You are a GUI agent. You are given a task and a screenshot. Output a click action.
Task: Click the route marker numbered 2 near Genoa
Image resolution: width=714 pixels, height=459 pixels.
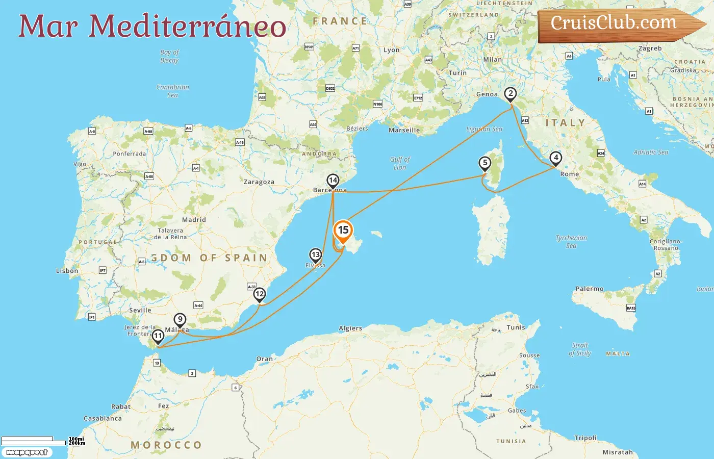coord(510,94)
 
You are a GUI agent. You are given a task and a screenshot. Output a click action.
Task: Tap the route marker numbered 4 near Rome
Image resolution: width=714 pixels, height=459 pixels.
coord(556,158)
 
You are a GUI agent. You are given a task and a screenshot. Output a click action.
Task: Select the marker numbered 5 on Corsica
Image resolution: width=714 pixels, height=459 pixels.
coord(484,163)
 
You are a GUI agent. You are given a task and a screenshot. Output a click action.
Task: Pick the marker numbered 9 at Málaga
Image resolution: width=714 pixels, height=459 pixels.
coord(180,320)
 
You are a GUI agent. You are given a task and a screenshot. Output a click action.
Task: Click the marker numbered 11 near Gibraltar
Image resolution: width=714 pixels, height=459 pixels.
coord(158,336)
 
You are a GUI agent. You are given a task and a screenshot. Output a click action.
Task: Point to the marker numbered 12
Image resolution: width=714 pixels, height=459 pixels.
coord(260,294)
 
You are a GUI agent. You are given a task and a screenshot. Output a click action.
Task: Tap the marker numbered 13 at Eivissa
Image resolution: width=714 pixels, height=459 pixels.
coord(316,255)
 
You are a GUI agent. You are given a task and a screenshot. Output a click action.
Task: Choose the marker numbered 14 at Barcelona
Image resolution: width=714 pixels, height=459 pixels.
coord(333,181)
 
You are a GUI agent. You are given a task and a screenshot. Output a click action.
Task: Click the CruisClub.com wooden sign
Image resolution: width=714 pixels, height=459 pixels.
coord(615,24)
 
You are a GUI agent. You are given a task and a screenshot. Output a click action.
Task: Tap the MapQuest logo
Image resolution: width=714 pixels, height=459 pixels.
coord(27,452)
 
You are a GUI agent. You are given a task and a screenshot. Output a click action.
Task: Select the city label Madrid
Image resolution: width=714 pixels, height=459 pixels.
coord(194,220)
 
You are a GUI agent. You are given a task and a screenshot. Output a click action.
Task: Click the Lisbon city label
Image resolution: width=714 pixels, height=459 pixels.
coord(67,271)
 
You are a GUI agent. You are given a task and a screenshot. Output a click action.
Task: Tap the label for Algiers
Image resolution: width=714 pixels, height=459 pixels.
coord(350,328)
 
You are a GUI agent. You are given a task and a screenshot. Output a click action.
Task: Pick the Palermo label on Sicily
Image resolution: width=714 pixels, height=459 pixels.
coord(589,289)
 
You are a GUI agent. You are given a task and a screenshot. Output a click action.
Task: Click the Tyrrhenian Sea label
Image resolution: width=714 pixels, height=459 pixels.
coord(571,242)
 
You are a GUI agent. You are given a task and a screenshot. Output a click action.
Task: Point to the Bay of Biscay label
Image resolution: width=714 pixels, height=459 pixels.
coord(169,56)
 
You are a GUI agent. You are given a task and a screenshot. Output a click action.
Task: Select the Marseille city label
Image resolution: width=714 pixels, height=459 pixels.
coord(404,130)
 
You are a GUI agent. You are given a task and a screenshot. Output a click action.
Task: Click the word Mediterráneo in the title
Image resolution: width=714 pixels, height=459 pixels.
coord(187,27)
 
